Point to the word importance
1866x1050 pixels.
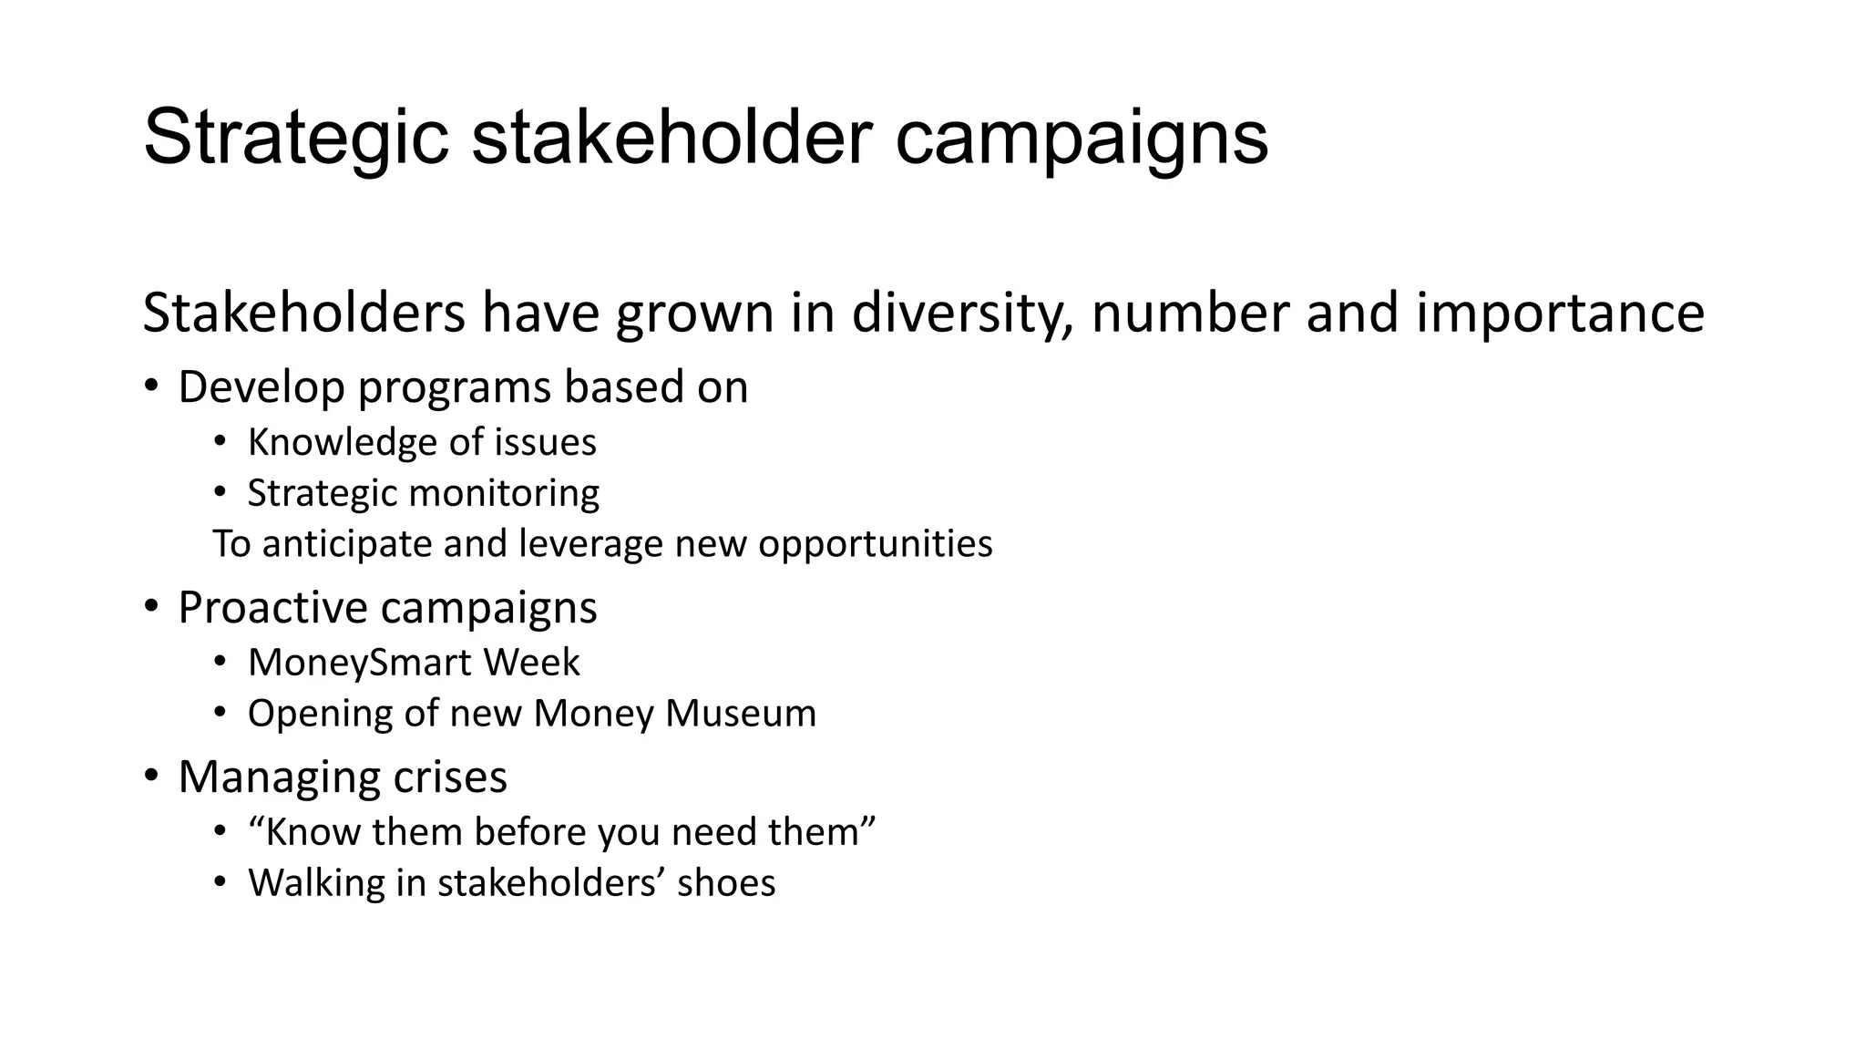(x=1560, y=313)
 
